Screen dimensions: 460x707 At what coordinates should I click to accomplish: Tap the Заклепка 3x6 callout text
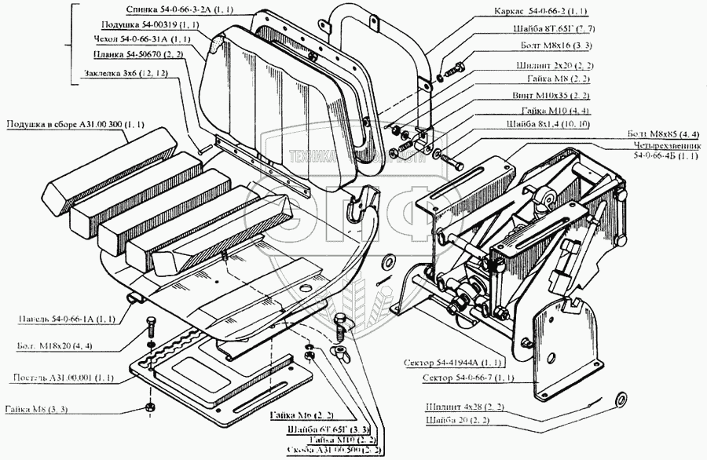point(126,75)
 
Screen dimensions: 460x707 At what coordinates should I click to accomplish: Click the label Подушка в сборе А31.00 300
point(75,124)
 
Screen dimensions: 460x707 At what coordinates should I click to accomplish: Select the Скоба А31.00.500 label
point(333,451)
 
